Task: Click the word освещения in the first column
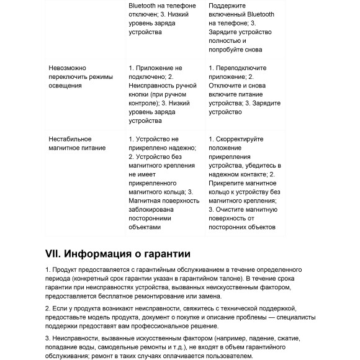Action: coord(65,86)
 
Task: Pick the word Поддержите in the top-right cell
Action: coord(227,5)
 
